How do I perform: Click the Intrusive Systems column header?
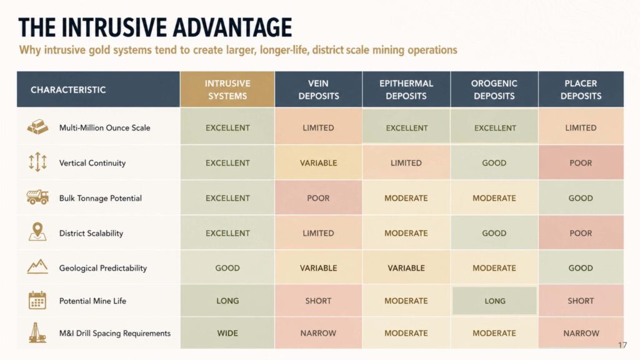coord(227,89)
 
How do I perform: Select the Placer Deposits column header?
coord(581,89)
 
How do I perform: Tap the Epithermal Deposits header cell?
coord(406,89)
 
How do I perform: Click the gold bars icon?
coord(37,127)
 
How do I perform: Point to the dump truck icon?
coord(37,197)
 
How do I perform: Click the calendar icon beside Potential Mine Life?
coord(37,301)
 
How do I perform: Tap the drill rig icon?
coord(37,332)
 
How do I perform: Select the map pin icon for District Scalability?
coord(37,232)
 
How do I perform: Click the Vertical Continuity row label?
coord(92,163)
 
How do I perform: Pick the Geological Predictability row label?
coord(103,268)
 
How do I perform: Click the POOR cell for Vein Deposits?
coord(318,197)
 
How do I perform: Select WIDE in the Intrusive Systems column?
coord(227,333)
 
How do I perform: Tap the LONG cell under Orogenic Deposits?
coord(495,301)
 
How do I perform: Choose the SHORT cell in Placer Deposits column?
coord(581,301)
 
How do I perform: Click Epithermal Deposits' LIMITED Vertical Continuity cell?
coord(406,162)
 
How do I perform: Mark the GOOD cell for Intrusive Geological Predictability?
coord(227,267)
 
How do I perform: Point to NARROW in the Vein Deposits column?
coord(318,333)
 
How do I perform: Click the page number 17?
coord(622,345)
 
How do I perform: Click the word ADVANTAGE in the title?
coord(232,27)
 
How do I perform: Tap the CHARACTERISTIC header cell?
coord(98,89)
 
